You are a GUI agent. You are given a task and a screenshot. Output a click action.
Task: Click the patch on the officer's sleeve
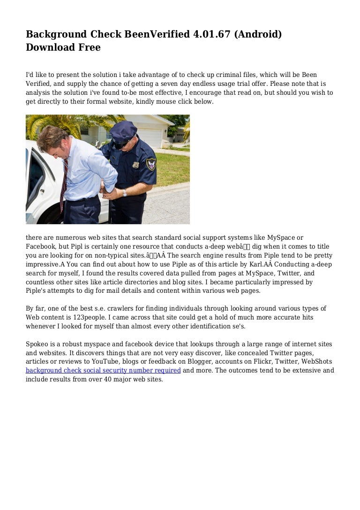tap(151, 164)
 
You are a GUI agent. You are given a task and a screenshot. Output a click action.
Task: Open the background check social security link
tap(103, 371)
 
